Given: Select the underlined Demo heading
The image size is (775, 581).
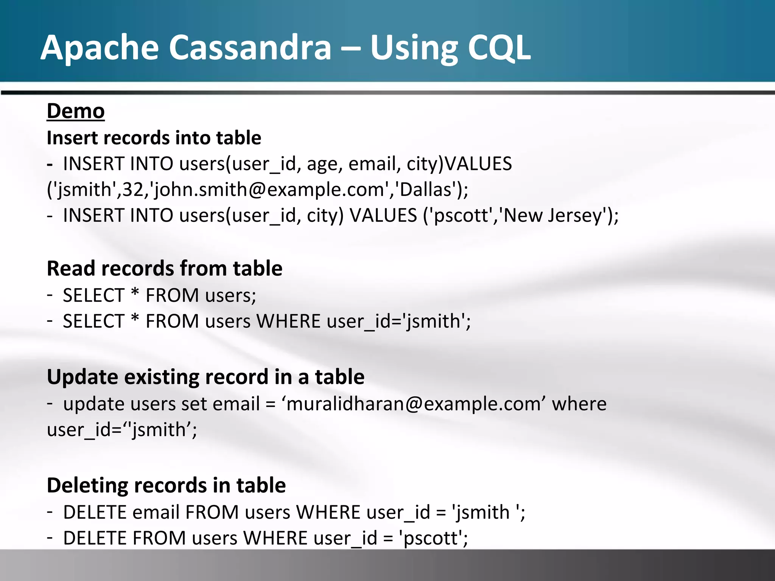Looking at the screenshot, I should [76, 111].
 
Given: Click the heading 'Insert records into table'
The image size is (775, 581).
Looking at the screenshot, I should [154, 138].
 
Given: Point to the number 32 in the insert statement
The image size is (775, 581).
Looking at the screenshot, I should [133, 189].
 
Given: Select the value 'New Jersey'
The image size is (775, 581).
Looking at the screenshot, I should [552, 215].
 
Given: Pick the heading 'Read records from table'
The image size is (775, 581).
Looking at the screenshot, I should [165, 269].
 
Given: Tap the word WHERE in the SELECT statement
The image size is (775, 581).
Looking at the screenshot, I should [288, 321].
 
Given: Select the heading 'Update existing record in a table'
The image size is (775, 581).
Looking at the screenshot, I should [205, 377].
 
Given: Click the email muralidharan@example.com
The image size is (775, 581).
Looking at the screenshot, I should [412, 404].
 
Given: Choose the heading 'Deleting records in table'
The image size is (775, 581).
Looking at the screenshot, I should [166, 485].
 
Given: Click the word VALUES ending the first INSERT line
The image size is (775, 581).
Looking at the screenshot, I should [478, 164].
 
